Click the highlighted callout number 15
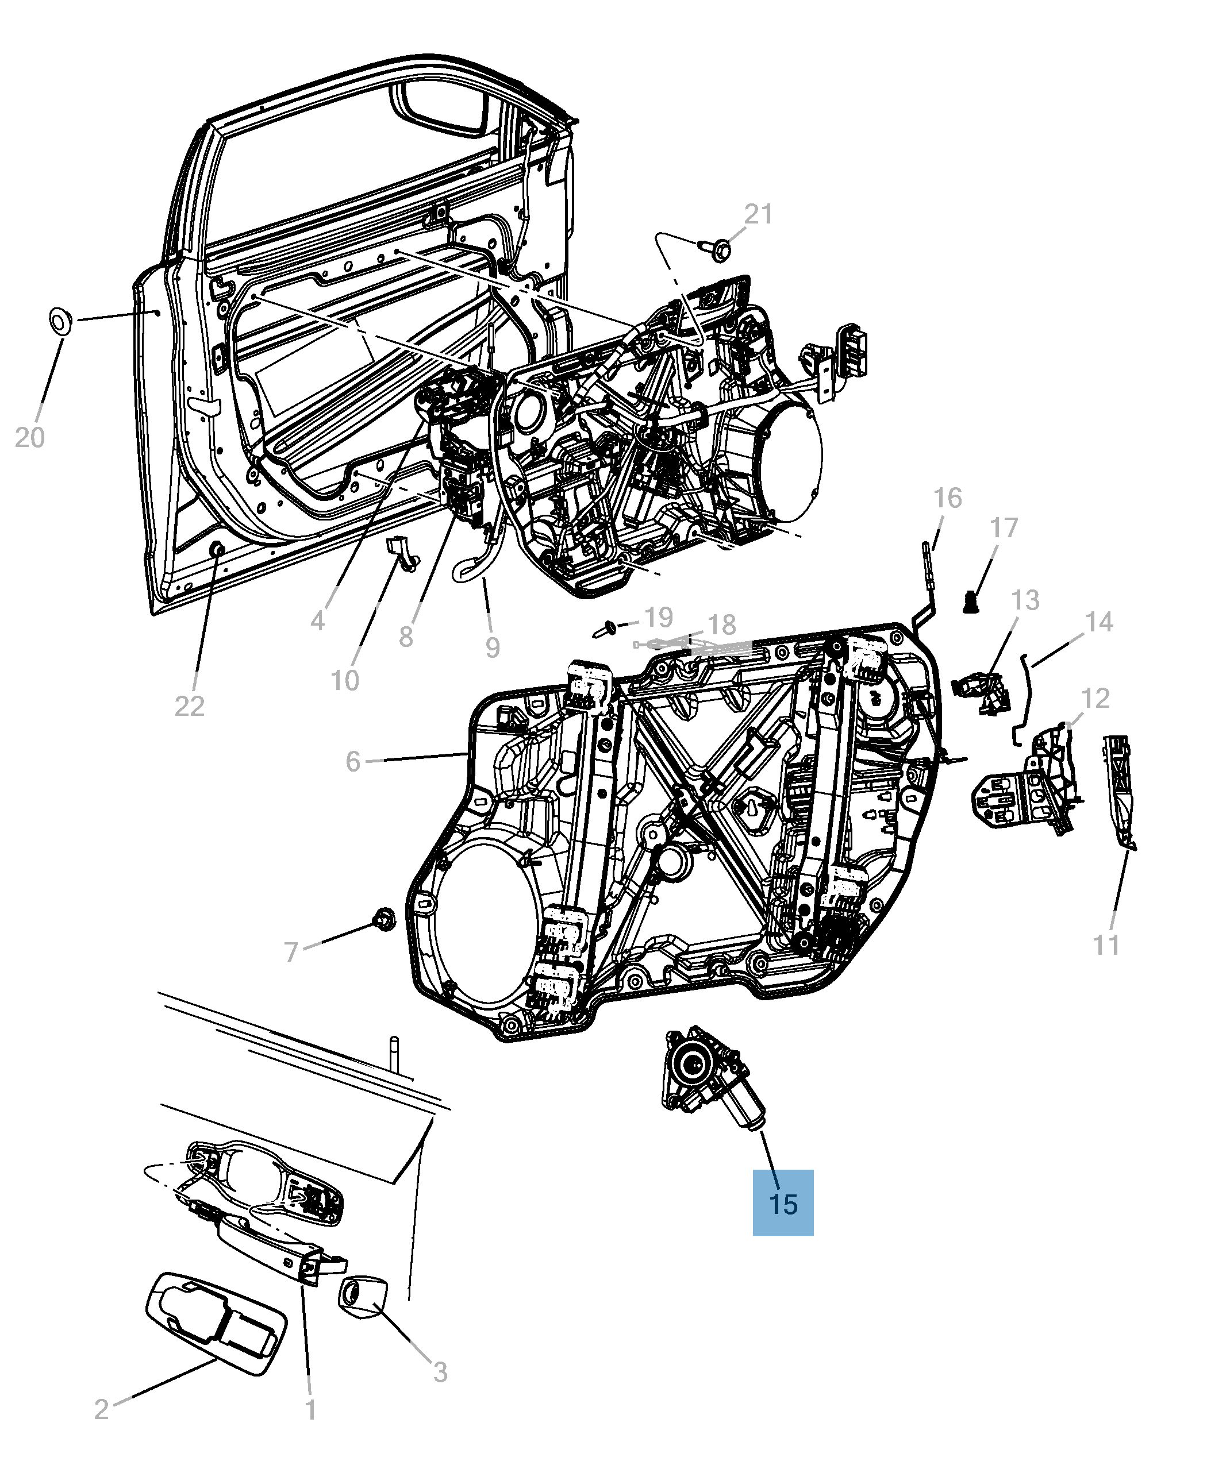tap(783, 1204)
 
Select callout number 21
tap(759, 214)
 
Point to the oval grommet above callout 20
tap(60, 321)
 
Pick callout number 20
tap(29, 438)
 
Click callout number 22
tap(189, 706)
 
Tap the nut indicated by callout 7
tap(383, 919)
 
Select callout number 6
tap(353, 762)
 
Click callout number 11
tap(1106, 945)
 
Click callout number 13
tap(1025, 600)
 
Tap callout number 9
tap(492, 647)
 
